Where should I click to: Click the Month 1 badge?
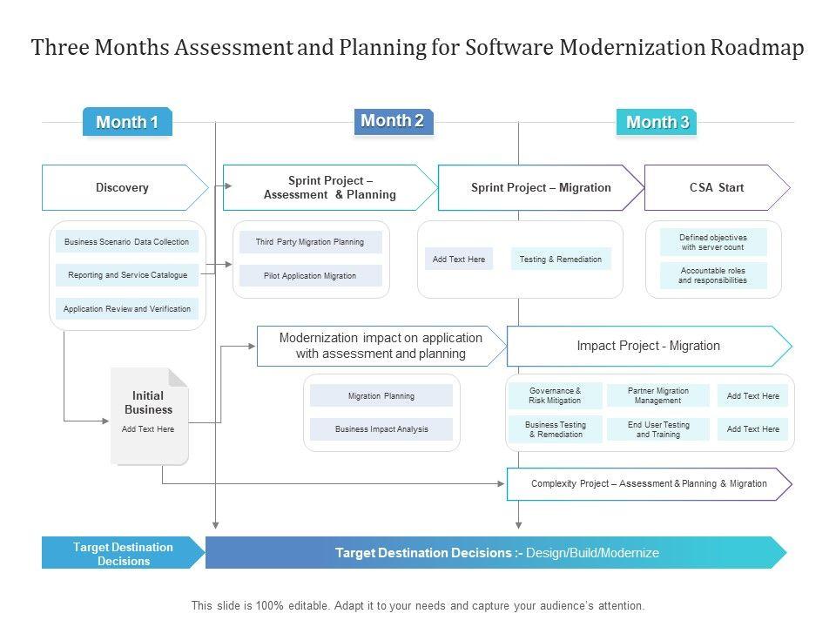point(127,122)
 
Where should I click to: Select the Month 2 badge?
point(393,121)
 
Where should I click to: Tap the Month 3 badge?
point(657,122)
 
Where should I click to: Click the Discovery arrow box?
point(123,187)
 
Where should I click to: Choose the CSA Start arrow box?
point(716,187)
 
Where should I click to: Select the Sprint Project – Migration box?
point(541,187)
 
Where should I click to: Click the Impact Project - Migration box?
point(648,346)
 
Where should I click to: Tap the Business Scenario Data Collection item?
point(127,242)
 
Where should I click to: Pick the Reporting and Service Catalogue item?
point(127,275)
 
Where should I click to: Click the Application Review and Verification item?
point(127,309)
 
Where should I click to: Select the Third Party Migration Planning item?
point(310,242)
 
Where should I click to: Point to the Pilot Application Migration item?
point(310,276)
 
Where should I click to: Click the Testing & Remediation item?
point(561,259)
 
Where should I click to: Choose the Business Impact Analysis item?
point(381,429)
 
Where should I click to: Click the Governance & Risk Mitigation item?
point(555,395)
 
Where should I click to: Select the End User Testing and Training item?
point(658,429)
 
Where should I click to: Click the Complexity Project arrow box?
point(649,483)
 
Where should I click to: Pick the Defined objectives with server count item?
point(713,242)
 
